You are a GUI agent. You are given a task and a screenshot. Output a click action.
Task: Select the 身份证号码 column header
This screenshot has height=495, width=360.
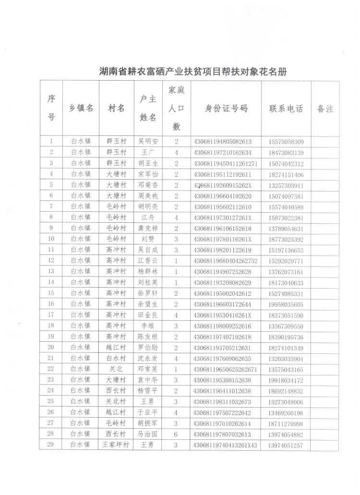[x=226, y=108]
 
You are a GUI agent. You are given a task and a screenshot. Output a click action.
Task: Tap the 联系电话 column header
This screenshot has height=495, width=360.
[x=286, y=109]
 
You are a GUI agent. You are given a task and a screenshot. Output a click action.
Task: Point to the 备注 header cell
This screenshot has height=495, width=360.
[x=325, y=109]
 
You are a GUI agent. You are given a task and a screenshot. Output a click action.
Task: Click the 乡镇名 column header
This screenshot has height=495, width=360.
[x=81, y=109]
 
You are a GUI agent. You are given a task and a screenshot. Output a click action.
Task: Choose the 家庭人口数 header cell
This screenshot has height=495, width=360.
[x=176, y=108]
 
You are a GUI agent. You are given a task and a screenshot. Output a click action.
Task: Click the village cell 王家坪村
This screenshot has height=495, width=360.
[x=116, y=445]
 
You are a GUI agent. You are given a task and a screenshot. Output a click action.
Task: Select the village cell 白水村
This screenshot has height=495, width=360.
[x=116, y=358]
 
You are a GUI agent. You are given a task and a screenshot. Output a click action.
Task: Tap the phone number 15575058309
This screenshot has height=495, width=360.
[x=286, y=142]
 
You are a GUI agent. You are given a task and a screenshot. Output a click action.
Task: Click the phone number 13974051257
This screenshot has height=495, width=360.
[x=286, y=445]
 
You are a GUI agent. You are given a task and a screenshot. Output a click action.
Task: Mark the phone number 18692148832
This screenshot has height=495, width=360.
[x=286, y=391]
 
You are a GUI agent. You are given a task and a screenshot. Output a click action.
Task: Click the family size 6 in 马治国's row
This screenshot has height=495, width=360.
[x=176, y=434]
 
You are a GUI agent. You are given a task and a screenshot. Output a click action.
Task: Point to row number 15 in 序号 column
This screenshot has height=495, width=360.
[x=51, y=293]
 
